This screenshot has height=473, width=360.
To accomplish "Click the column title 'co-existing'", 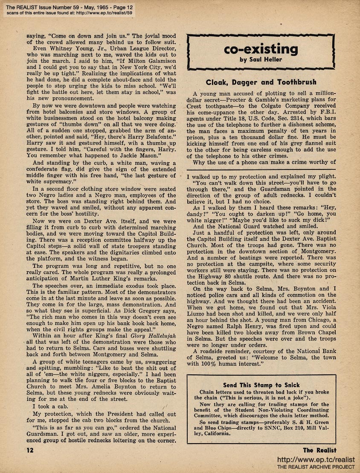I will point(261,49).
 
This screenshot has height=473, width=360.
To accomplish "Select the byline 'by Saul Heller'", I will point(261,60).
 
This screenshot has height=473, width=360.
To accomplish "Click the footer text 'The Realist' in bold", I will point(319,450).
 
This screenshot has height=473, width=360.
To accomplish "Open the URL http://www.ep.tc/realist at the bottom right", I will point(316,460).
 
